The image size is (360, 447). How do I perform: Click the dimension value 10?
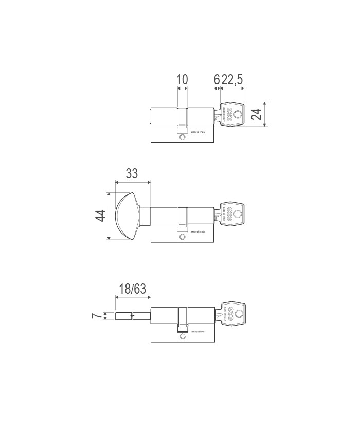coord(182,79)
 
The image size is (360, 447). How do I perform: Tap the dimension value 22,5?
coord(232,79)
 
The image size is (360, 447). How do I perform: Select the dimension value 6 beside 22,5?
coord(217,79)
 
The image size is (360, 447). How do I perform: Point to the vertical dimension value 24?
coord(256,114)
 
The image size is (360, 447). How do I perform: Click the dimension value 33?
coord(132,173)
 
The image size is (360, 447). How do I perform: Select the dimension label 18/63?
coord(132,289)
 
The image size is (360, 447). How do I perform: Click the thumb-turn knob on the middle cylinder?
coord(127,216)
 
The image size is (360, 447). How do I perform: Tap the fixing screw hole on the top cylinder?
coord(182,138)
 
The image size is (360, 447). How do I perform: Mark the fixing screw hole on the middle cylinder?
coord(182,237)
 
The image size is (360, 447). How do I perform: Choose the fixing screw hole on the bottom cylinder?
coord(182,337)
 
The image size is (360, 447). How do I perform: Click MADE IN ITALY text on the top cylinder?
coord(198,132)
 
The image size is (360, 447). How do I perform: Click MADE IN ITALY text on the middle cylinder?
coord(198,232)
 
